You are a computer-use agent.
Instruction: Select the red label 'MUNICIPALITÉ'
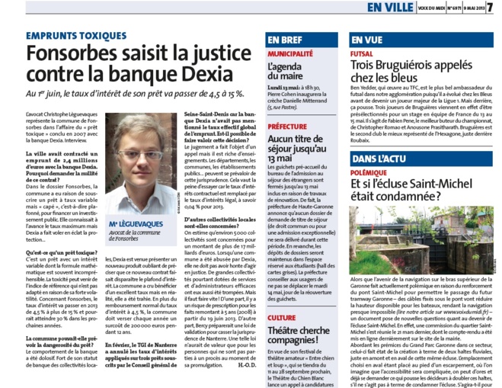click(290, 54)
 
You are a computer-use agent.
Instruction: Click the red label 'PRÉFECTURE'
click(288, 127)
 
